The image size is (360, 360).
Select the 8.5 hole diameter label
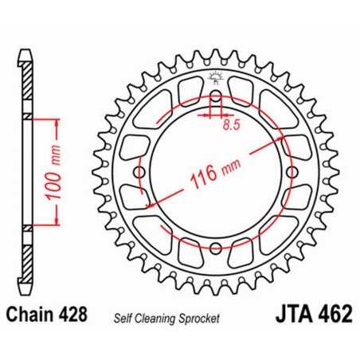(232, 125)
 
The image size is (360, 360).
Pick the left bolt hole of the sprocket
(140, 174)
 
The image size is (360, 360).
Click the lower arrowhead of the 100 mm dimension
(57, 226)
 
